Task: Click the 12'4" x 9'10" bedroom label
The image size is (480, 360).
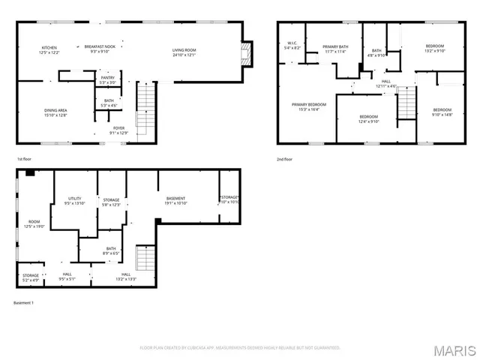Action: point(368,118)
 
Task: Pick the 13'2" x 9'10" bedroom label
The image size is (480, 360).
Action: point(435,49)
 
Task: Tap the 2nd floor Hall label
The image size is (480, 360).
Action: point(385,83)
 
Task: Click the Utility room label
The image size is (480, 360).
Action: point(74,200)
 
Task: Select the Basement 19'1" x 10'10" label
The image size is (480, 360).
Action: point(175,201)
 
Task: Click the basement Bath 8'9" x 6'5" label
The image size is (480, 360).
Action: point(111,251)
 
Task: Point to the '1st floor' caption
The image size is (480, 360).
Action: point(25,159)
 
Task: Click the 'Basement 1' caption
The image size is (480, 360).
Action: point(23,303)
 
